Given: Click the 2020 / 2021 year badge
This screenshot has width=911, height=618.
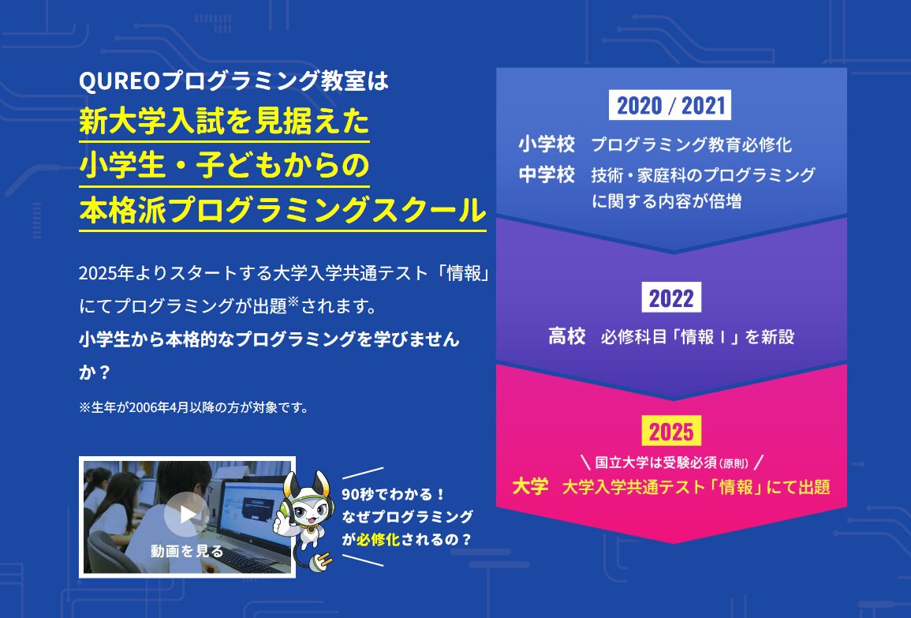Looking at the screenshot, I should (670, 105).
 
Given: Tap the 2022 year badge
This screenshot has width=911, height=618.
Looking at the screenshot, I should (671, 298).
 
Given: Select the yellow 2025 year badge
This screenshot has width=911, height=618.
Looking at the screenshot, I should (671, 431).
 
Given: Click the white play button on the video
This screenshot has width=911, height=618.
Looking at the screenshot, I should (187, 515).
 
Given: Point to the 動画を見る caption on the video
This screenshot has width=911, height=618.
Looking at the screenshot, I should (187, 551).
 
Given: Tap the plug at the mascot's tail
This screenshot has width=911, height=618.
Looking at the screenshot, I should (323, 561).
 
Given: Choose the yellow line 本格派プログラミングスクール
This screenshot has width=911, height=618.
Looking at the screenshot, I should (282, 212).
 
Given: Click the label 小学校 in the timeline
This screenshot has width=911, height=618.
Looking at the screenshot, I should (547, 144).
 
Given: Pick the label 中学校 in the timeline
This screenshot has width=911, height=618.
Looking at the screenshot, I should (547, 174).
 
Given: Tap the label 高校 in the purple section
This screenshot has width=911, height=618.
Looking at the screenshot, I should (567, 337).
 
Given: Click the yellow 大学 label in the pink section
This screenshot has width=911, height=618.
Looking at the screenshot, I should (530, 486).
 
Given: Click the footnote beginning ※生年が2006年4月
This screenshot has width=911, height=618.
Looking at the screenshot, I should (193, 407).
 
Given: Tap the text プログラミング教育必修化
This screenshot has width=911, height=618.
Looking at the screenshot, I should (691, 145).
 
